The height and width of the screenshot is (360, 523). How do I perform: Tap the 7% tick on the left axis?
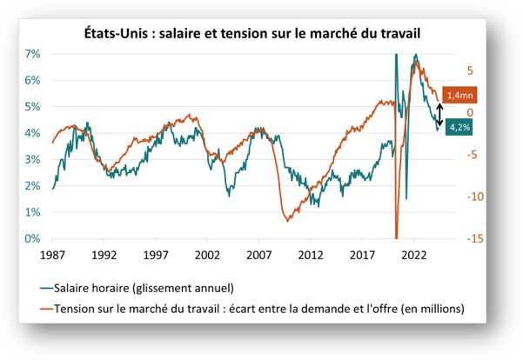coord(31,54)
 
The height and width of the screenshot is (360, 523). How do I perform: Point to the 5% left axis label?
coord(31,107)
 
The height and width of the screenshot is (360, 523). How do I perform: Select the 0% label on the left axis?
coord(31,239)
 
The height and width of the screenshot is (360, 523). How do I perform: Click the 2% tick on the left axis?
coord(31,186)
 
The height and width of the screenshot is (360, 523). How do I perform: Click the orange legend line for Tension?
coord(44,308)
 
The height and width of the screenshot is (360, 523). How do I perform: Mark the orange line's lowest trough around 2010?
coord(286,220)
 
